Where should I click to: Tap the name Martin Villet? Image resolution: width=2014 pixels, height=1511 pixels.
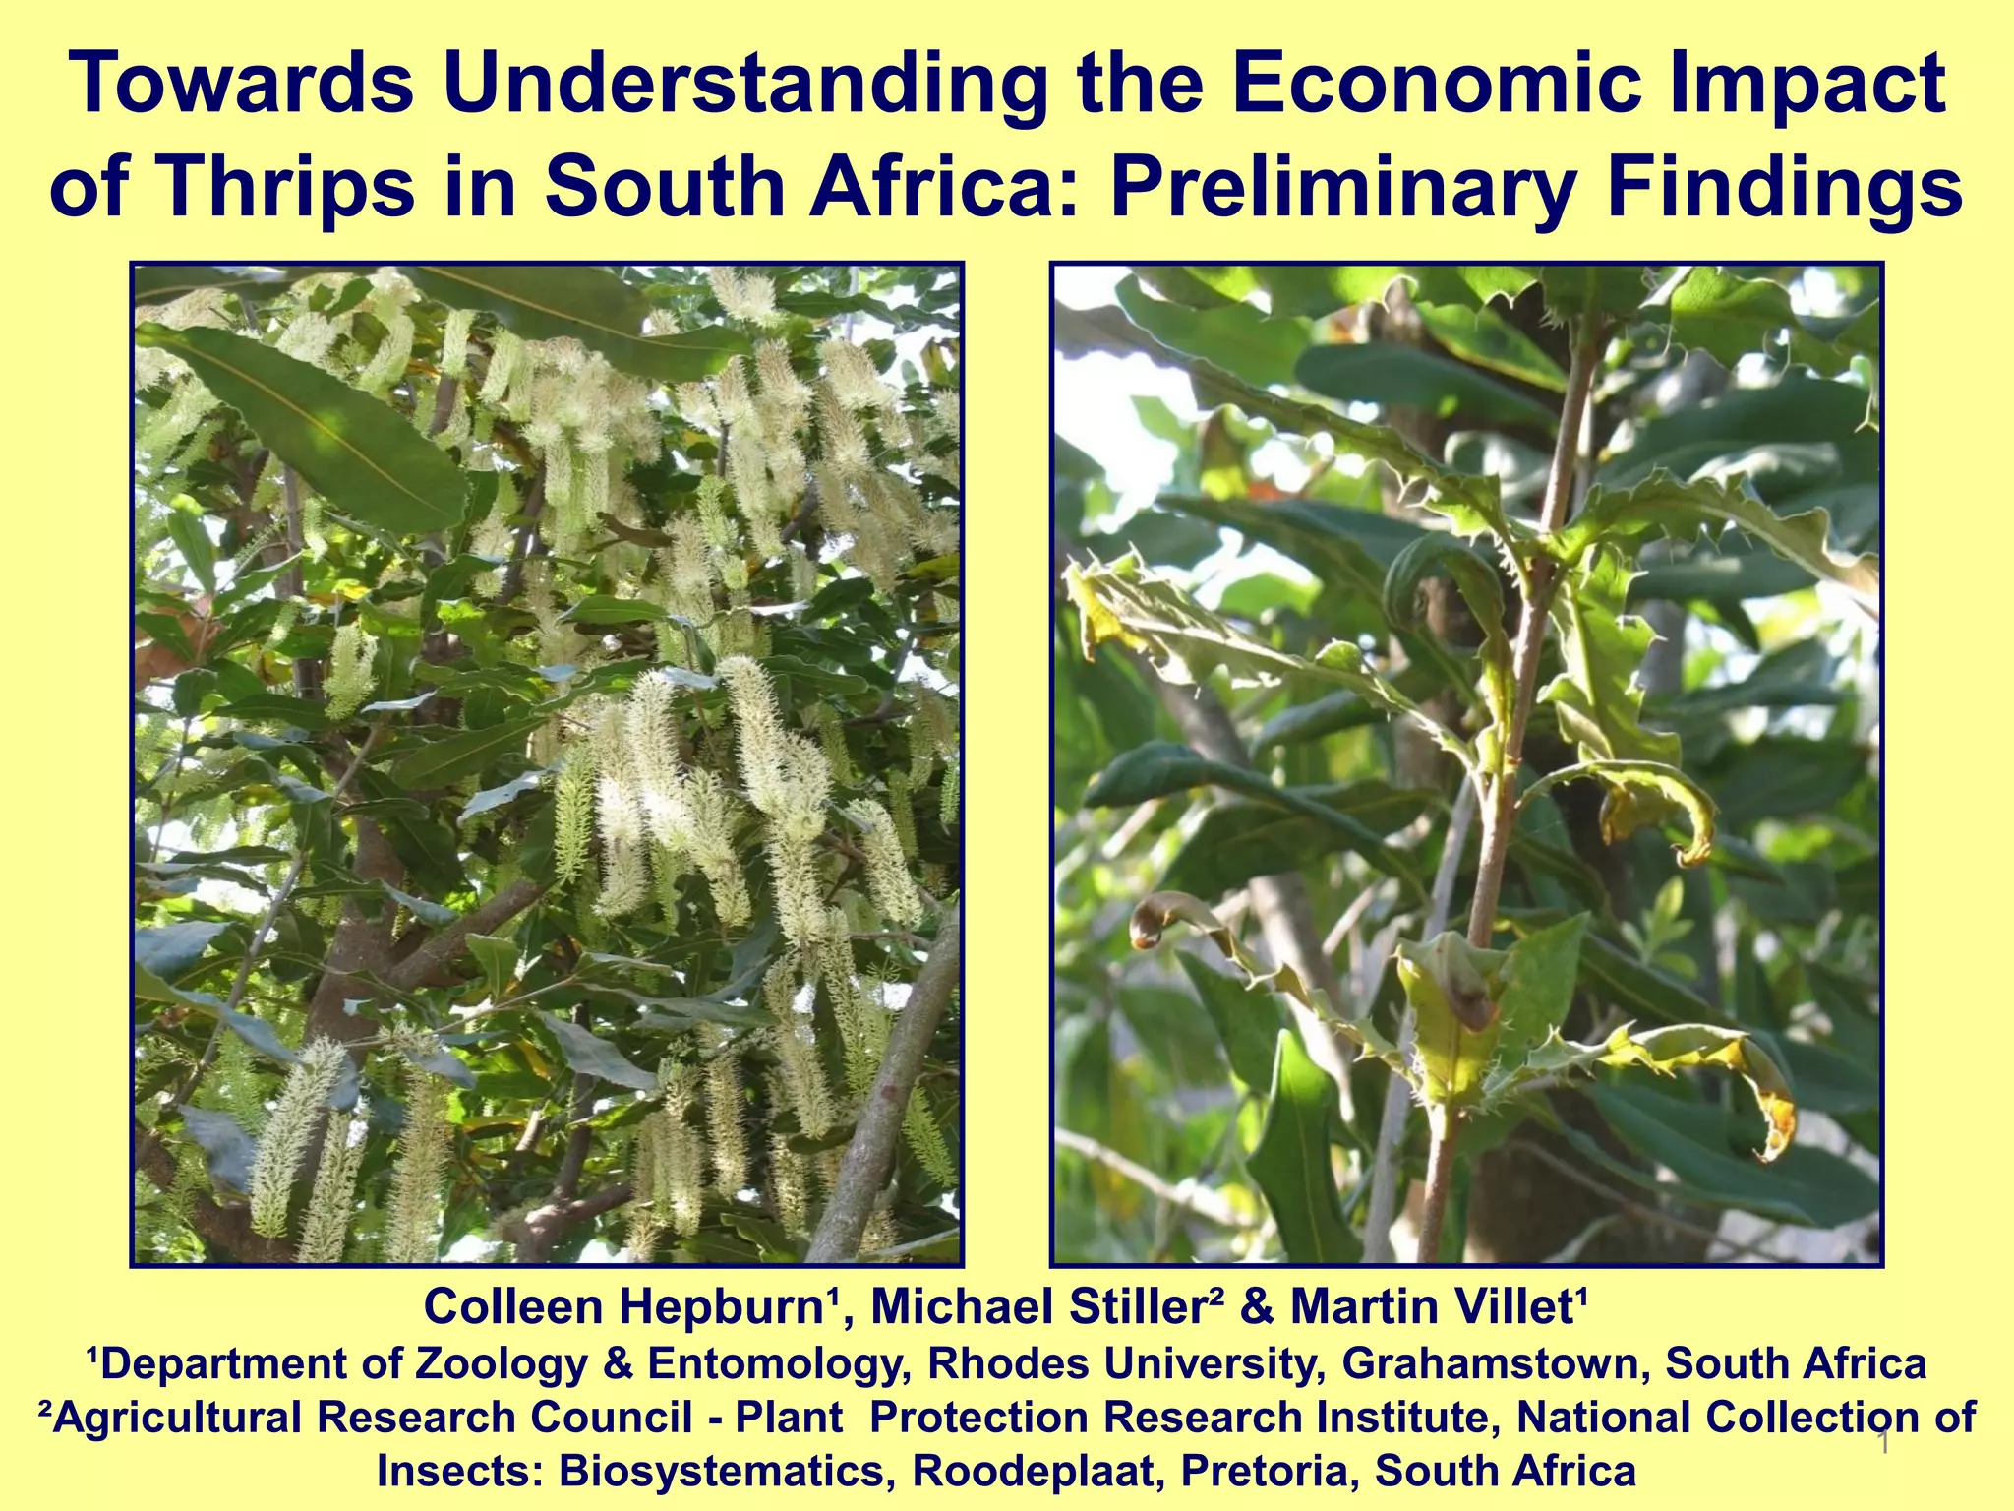point(1437,1307)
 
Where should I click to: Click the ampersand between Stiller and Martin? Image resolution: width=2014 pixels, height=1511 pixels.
point(1258,1307)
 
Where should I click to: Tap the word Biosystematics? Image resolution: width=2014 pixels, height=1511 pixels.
point(727,1471)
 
